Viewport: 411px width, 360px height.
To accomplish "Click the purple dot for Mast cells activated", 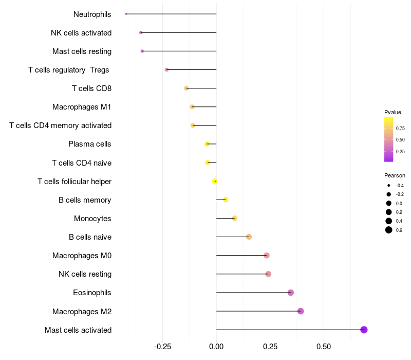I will tap(364, 330).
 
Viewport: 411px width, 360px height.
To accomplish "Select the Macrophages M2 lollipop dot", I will tap(301, 311).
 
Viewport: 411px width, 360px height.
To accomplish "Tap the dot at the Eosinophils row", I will tap(291, 293).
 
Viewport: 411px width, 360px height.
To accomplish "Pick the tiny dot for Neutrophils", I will tap(126, 14).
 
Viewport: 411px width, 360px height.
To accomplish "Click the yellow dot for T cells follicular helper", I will tap(215, 181).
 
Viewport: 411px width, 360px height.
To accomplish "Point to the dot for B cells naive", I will tap(249, 237).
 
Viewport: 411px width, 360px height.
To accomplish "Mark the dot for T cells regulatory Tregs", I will tap(166, 69).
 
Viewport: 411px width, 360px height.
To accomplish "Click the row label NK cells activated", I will tap(81, 33).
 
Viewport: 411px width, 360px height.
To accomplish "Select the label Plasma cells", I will tap(90, 144).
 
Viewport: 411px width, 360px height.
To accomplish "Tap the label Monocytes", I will tap(92, 219).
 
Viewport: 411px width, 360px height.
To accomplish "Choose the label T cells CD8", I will tap(92, 88).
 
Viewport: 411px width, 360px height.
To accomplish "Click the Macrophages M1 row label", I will tap(82, 107).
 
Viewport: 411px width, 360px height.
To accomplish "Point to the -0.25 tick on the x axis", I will tap(163, 347).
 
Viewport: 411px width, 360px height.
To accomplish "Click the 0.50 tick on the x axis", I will tap(324, 347).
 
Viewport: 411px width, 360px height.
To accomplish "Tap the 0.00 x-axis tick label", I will tap(216, 347).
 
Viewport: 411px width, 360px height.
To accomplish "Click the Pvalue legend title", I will tap(393, 112).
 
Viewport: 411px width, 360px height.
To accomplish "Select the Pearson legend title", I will tap(395, 175).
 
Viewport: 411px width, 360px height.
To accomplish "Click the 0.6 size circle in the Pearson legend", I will tap(389, 230).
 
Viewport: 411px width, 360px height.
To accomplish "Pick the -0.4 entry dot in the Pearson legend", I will tap(389, 185).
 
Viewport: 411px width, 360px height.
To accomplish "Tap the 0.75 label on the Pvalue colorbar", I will tap(400, 128).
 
